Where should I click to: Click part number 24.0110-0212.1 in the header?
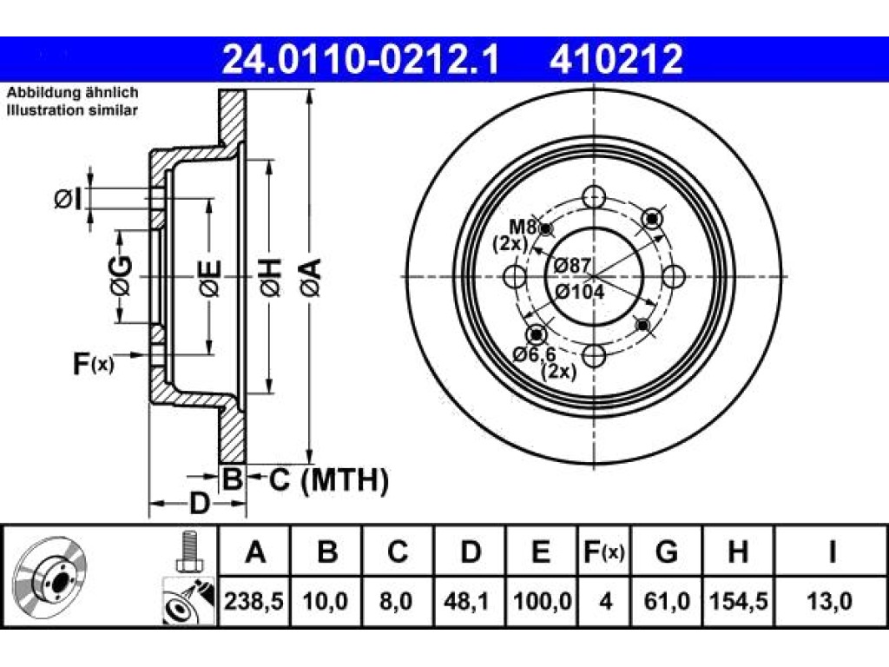[x=360, y=59]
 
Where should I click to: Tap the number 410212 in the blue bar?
[x=616, y=59]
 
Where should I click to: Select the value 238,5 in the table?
[x=254, y=601]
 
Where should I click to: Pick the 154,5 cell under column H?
[x=738, y=601]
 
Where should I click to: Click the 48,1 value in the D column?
[x=467, y=601]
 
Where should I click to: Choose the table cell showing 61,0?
[x=667, y=601]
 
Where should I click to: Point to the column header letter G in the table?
[x=666, y=551]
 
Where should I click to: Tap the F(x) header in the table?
[x=604, y=551]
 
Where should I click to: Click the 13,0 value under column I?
[x=829, y=601]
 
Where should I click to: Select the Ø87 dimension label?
[x=572, y=265]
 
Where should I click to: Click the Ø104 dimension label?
[x=579, y=292]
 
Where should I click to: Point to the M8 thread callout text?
[x=522, y=227]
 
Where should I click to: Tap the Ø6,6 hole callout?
[x=534, y=354]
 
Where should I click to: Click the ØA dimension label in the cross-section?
[x=312, y=277]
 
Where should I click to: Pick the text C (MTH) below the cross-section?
[x=329, y=479]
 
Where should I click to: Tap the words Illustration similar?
[x=72, y=110]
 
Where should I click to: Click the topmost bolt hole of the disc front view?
[x=594, y=197]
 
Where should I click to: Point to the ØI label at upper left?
[x=69, y=200]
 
